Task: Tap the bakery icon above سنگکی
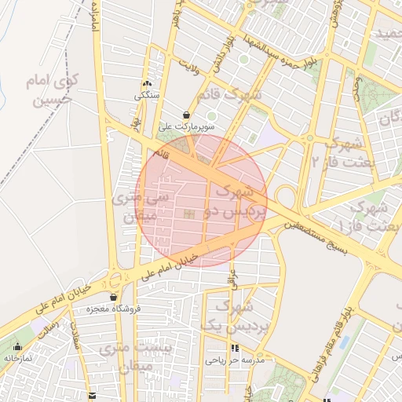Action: pyautogui.click(x=147, y=84)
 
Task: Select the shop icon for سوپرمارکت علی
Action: pyautogui.click(x=186, y=114)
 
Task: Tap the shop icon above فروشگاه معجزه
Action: pyautogui.click(x=114, y=298)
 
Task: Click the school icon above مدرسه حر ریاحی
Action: pyautogui.click(x=234, y=348)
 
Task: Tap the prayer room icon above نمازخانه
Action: pyautogui.click(x=17, y=346)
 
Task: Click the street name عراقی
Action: pyautogui.click(x=232, y=274)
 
